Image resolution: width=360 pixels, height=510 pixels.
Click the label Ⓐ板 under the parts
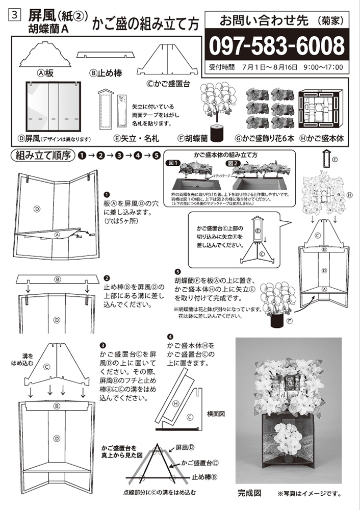pos(45,73)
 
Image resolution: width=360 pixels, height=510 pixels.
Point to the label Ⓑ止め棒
pos(106,73)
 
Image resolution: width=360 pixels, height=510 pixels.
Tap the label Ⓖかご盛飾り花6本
pos(264,138)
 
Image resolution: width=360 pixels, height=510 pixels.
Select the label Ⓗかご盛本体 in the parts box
pos(321,138)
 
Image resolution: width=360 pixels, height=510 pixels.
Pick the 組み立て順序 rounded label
pos(41,156)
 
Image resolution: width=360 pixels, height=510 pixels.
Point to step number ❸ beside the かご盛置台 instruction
pos(104,345)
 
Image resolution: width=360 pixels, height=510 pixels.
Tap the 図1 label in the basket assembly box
pos(174,163)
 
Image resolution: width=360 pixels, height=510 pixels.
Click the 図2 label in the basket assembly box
pos(235,163)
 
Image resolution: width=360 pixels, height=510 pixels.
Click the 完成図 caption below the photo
pos(250,493)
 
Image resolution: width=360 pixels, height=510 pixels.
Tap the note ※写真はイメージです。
pos(309,494)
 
